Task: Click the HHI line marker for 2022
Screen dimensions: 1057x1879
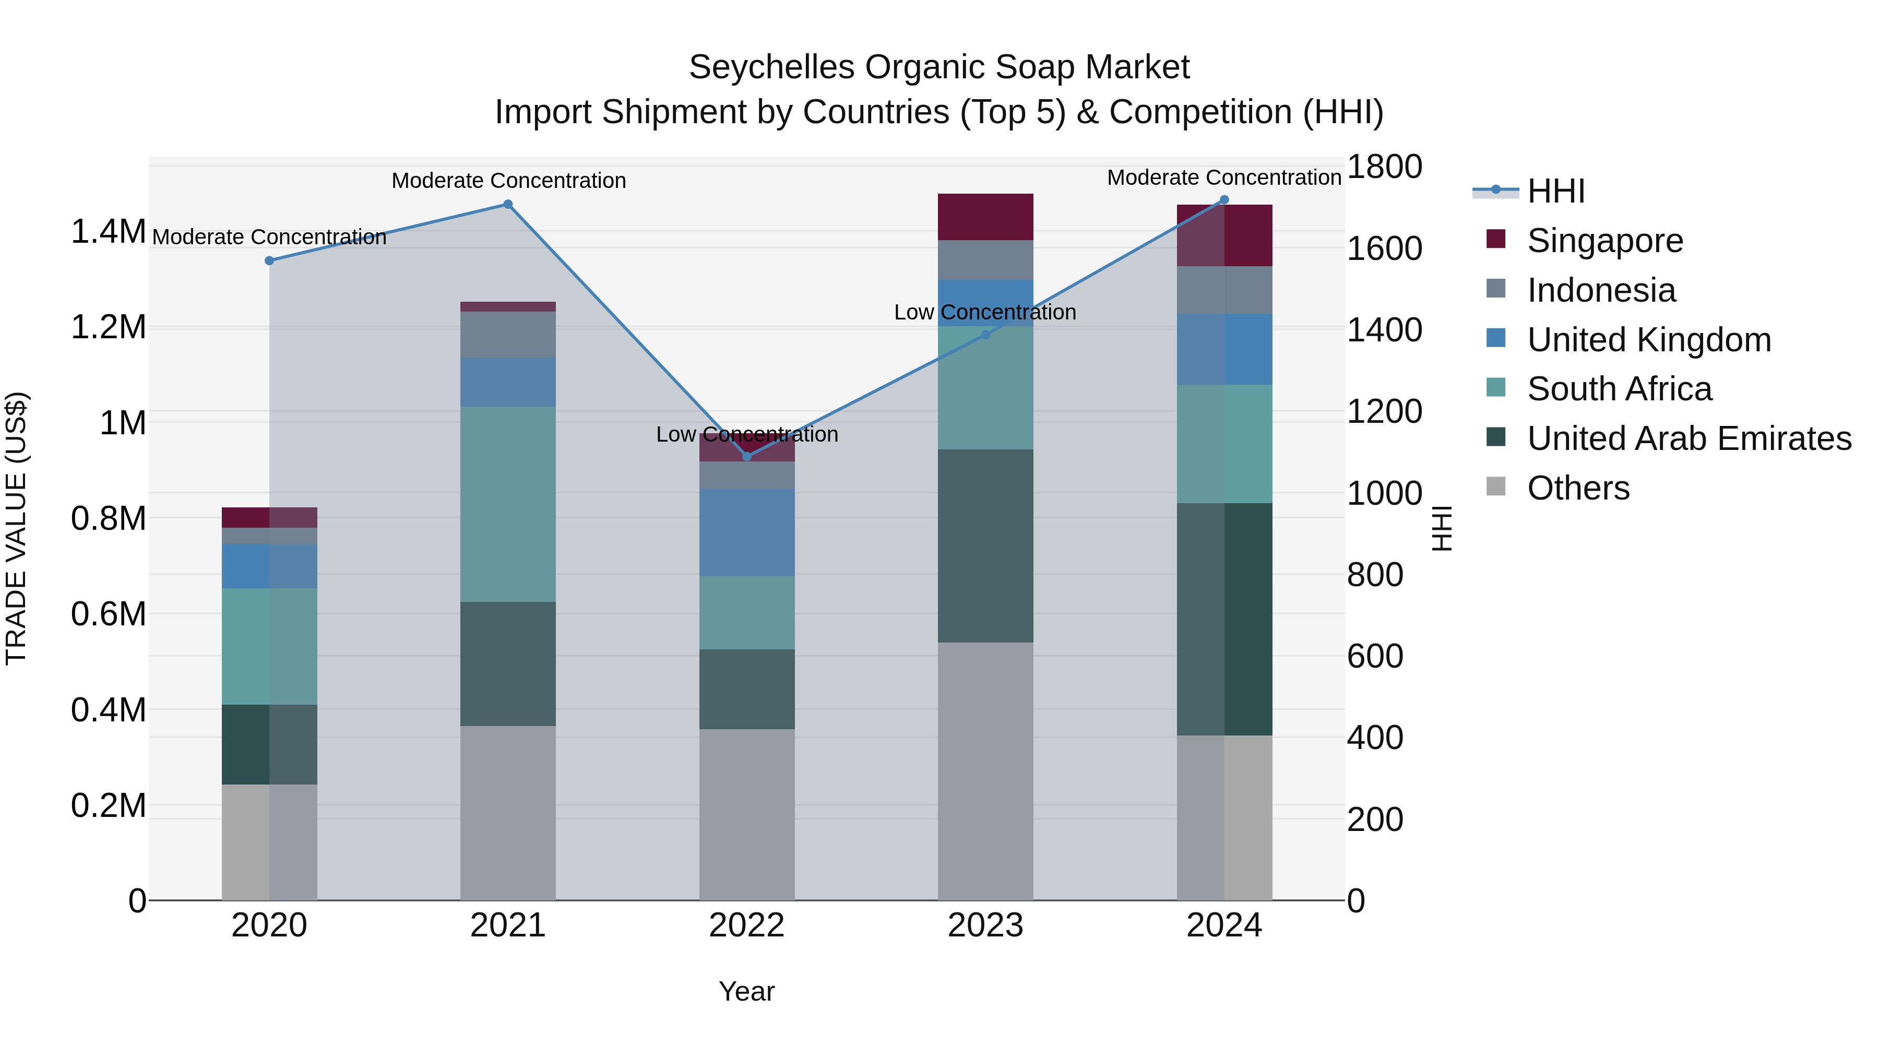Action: [746, 457]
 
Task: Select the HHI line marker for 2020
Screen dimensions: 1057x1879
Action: [269, 260]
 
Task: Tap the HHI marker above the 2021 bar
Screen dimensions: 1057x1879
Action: [508, 204]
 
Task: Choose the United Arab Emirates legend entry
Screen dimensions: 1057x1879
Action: [1688, 438]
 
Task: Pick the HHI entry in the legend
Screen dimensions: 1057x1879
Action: [1555, 191]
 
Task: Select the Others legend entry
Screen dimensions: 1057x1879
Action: [1578, 488]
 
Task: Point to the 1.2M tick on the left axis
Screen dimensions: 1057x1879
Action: [108, 327]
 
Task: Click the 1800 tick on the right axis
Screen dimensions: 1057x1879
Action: [1384, 167]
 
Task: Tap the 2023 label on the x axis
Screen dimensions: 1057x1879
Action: [985, 925]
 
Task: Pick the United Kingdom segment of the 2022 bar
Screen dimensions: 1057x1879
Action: [746, 532]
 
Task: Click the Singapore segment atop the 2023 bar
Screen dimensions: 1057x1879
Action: [985, 217]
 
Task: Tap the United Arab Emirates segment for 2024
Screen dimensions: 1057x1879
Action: [1224, 619]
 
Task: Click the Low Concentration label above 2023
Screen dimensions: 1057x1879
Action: [985, 312]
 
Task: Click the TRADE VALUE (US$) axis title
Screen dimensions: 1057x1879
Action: [16, 528]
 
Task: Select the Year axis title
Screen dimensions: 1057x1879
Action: [746, 991]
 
